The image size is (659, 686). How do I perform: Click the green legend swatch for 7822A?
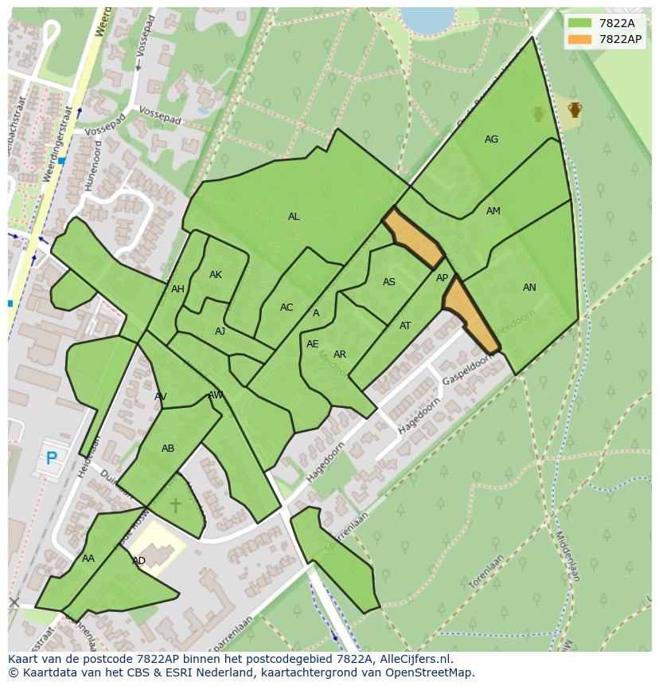tap(581, 23)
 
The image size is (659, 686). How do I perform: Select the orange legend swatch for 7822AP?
tap(581, 39)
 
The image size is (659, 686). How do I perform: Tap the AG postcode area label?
tap(491, 139)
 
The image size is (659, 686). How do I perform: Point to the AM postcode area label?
tap(493, 211)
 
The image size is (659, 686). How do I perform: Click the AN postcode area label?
tap(529, 288)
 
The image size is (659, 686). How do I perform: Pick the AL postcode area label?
tap(294, 217)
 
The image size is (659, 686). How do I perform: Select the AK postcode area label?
tap(216, 275)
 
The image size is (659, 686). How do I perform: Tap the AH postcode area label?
tap(177, 289)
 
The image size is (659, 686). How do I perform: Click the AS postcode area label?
tap(389, 282)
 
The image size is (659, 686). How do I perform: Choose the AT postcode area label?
tap(405, 326)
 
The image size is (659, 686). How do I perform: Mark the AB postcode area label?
tap(168, 449)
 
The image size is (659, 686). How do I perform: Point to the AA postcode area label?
tap(88, 559)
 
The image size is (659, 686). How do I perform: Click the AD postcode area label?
tap(138, 561)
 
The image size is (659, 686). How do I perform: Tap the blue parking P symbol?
tap(52, 458)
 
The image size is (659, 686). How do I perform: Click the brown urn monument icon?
tap(575, 109)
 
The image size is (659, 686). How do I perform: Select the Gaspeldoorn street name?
tap(468, 370)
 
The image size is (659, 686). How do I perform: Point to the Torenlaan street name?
tap(486, 572)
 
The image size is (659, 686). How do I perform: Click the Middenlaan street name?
tap(567, 557)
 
